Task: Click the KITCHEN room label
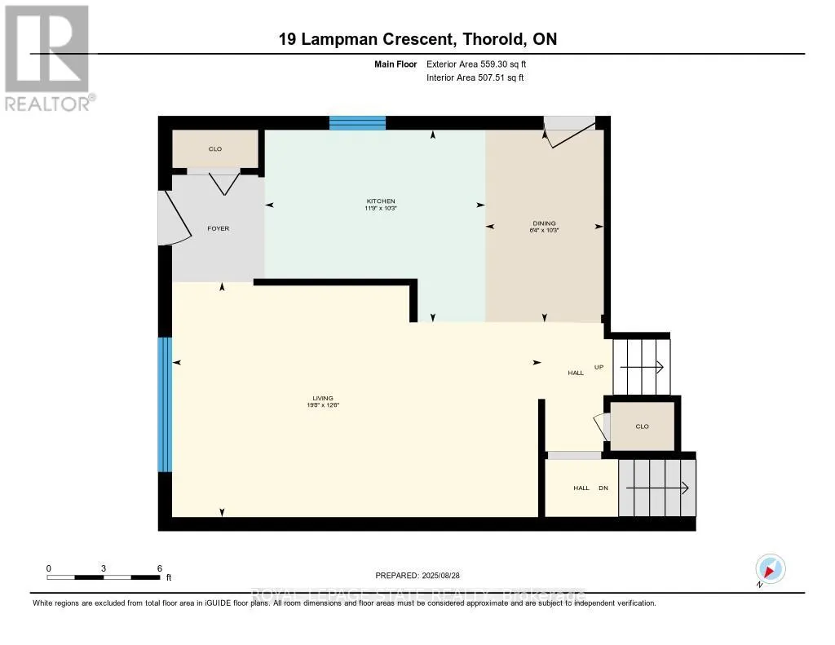[380, 201]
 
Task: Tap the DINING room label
[544, 223]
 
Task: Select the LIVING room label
[324, 399]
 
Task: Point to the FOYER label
[218, 228]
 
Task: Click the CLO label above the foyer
[215, 148]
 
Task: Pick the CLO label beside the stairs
[642, 426]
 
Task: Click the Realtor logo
[46, 57]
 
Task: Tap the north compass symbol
[769, 569]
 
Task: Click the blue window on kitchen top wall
[357, 123]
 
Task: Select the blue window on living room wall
[165, 404]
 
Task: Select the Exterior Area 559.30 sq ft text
[482, 64]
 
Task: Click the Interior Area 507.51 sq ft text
[475, 77]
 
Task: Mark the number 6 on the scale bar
[160, 568]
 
